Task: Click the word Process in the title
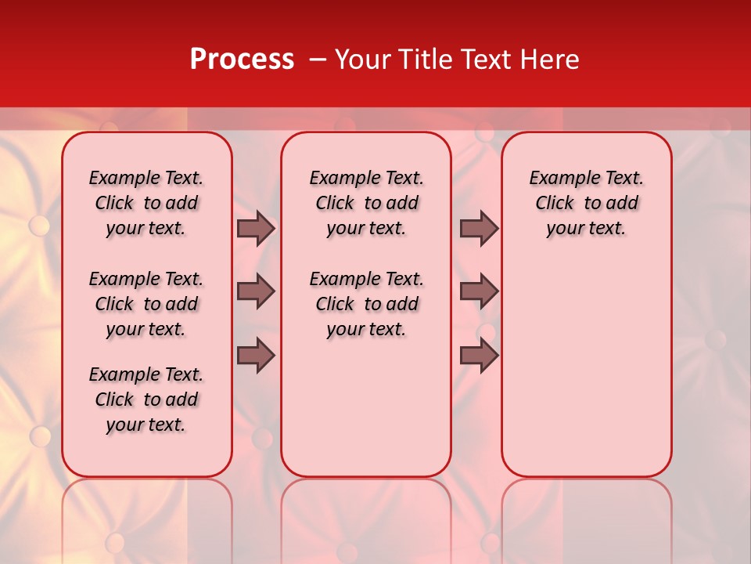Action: coord(242,60)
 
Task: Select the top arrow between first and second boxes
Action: coord(256,228)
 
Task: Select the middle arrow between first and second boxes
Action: coord(256,291)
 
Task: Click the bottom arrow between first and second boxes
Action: coord(256,356)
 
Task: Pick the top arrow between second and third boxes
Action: coord(479,228)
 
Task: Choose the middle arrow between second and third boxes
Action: coord(479,291)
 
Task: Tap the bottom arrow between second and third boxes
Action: coord(479,356)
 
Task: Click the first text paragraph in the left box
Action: coord(146,203)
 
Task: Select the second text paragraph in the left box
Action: coord(146,304)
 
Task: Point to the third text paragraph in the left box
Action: coord(146,399)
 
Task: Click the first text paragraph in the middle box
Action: coord(366,203)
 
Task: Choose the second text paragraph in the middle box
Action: coord(366,304)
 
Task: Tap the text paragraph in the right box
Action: coord(587,203)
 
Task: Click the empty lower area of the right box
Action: coord(587,368)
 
